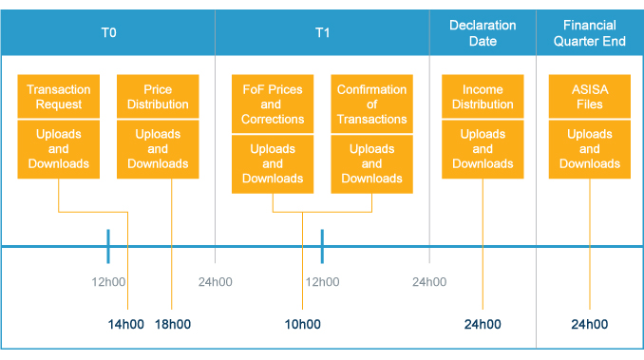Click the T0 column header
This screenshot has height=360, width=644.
click(x=108, y=32)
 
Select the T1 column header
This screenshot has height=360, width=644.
click(x=322, y=32)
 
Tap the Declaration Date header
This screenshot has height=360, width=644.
click(x=483, y=32)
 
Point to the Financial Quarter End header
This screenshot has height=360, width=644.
click(x=589, y=32)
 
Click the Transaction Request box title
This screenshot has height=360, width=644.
click(x=58, y=97)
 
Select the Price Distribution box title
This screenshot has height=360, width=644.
click(x=158, y=97)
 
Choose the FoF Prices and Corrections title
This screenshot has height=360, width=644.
click(x=273, y=104)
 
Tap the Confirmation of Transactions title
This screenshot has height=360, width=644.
click(x=371, y=104)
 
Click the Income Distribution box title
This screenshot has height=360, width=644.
click(x=483, y=97)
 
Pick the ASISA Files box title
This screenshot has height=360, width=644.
click(x=589, y=97)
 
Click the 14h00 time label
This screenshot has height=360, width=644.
click(x=126, y=324)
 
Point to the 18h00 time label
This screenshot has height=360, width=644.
click(x=173, y=324)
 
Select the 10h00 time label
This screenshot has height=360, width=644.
click(x=302, y=324)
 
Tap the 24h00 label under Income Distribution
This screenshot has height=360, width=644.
click(x=483, y=324)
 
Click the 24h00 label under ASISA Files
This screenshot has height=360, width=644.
click(x=589, y=324)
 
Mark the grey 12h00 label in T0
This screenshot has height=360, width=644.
click(x=108, y=281)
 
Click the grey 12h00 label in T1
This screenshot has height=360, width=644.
click(x=322, y=281)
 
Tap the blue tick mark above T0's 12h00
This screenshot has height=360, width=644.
click(x=108, y=246)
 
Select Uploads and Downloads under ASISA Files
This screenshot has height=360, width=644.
click(x=589, y=148)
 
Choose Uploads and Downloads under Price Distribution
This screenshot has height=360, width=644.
click(x=158, y=148)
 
